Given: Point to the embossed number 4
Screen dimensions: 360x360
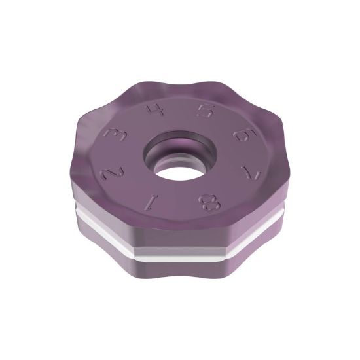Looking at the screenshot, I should pos(156,109).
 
